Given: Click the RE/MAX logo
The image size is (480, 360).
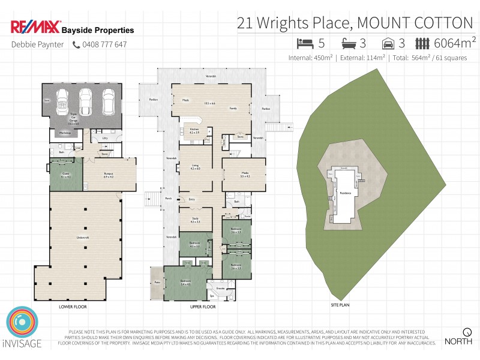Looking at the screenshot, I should point(35,28).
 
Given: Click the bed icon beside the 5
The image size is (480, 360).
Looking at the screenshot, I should point(305,43).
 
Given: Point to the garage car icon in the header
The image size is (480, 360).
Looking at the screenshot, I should point(389,43).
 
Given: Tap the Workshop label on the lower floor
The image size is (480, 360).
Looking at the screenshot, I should point(64,132).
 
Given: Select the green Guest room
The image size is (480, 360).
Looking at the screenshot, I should point(65,176).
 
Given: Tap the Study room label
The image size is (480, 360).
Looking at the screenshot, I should point(196,220).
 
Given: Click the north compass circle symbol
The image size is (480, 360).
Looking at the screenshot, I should point(467,331).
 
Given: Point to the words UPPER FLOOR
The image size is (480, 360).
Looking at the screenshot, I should point(201,307).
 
